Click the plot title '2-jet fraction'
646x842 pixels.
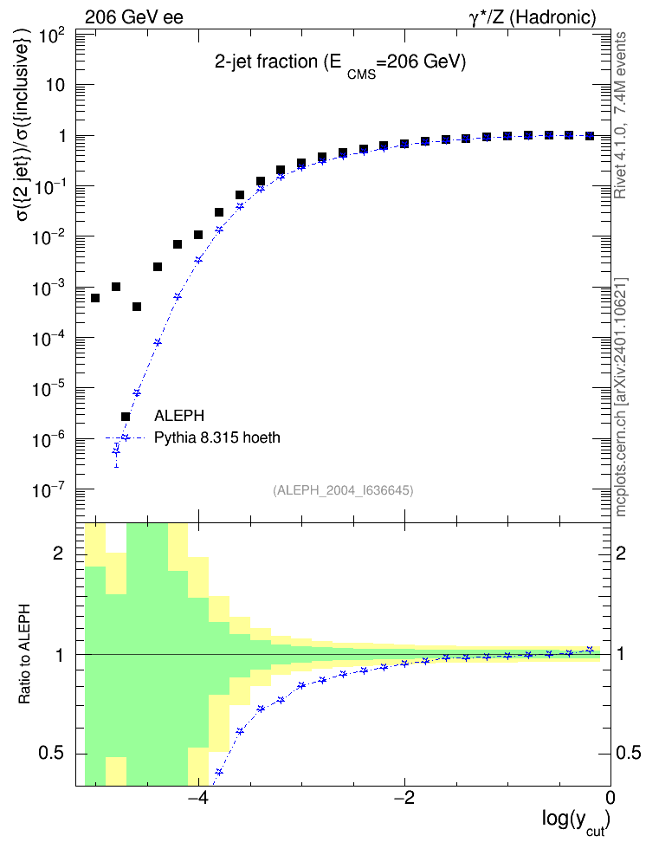(266, 62)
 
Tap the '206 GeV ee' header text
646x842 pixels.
(133, 17)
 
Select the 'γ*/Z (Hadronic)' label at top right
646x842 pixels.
(533, 17)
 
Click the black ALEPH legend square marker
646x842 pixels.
(126, 417)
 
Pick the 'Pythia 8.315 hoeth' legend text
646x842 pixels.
(217, 437)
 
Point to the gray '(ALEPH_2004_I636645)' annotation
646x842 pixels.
(343, 490)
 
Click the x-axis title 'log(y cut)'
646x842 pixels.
(576, 820)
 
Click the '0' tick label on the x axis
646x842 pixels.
(610, 798)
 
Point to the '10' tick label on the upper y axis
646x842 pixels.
(55, 85)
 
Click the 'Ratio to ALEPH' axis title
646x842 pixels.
(24, 654)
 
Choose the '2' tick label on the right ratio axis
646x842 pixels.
(620, 553)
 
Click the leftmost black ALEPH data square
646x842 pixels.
(95, 298)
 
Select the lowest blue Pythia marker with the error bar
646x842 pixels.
(116, 453)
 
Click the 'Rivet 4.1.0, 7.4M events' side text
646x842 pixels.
(620, 115)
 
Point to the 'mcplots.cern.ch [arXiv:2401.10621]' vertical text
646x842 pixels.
(620, 398)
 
